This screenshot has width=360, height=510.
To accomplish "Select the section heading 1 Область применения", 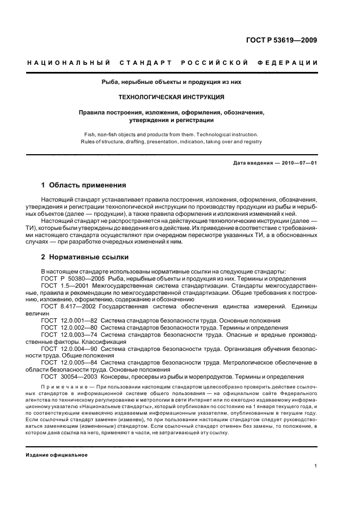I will coord(83,185).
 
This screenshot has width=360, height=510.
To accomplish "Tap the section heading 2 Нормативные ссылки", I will coord(84,257).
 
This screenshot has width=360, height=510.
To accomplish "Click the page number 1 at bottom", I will coord(316,465).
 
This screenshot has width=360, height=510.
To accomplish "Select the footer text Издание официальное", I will coord(57,454).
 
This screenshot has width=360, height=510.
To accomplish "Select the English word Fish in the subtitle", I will coord(89,134).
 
